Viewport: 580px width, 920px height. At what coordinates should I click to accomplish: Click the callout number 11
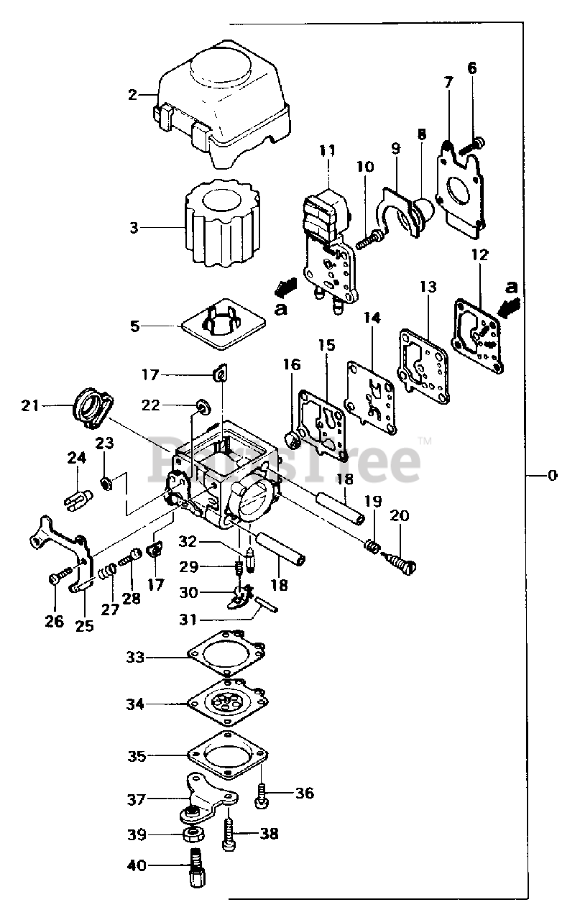coord(328,151)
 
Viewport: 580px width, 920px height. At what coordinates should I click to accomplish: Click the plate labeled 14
coord(372,399)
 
